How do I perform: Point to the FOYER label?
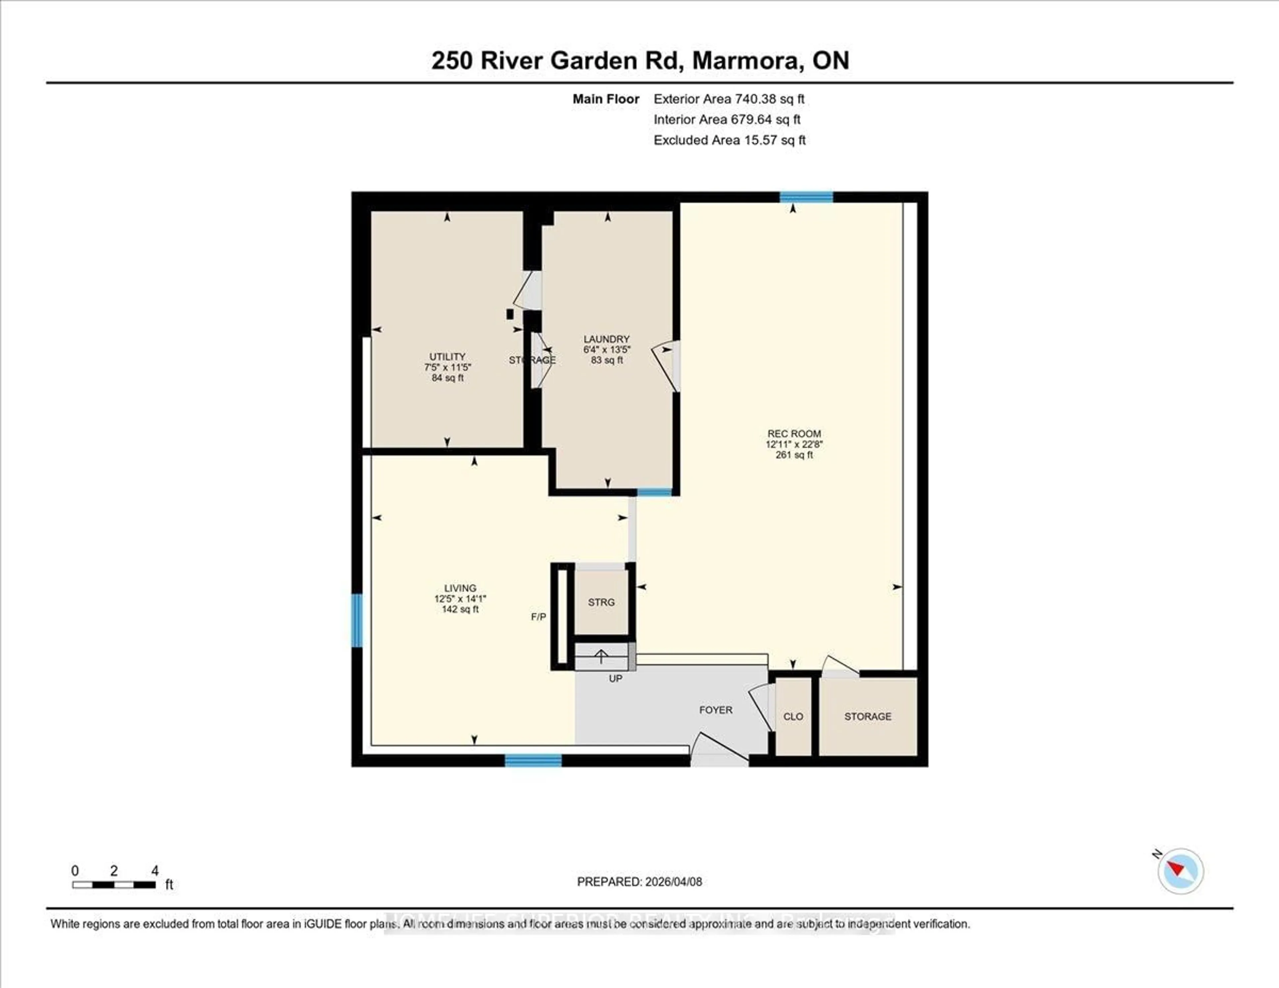(716, 710)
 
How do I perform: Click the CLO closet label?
(793, 716)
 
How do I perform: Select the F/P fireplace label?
(538, 617)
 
